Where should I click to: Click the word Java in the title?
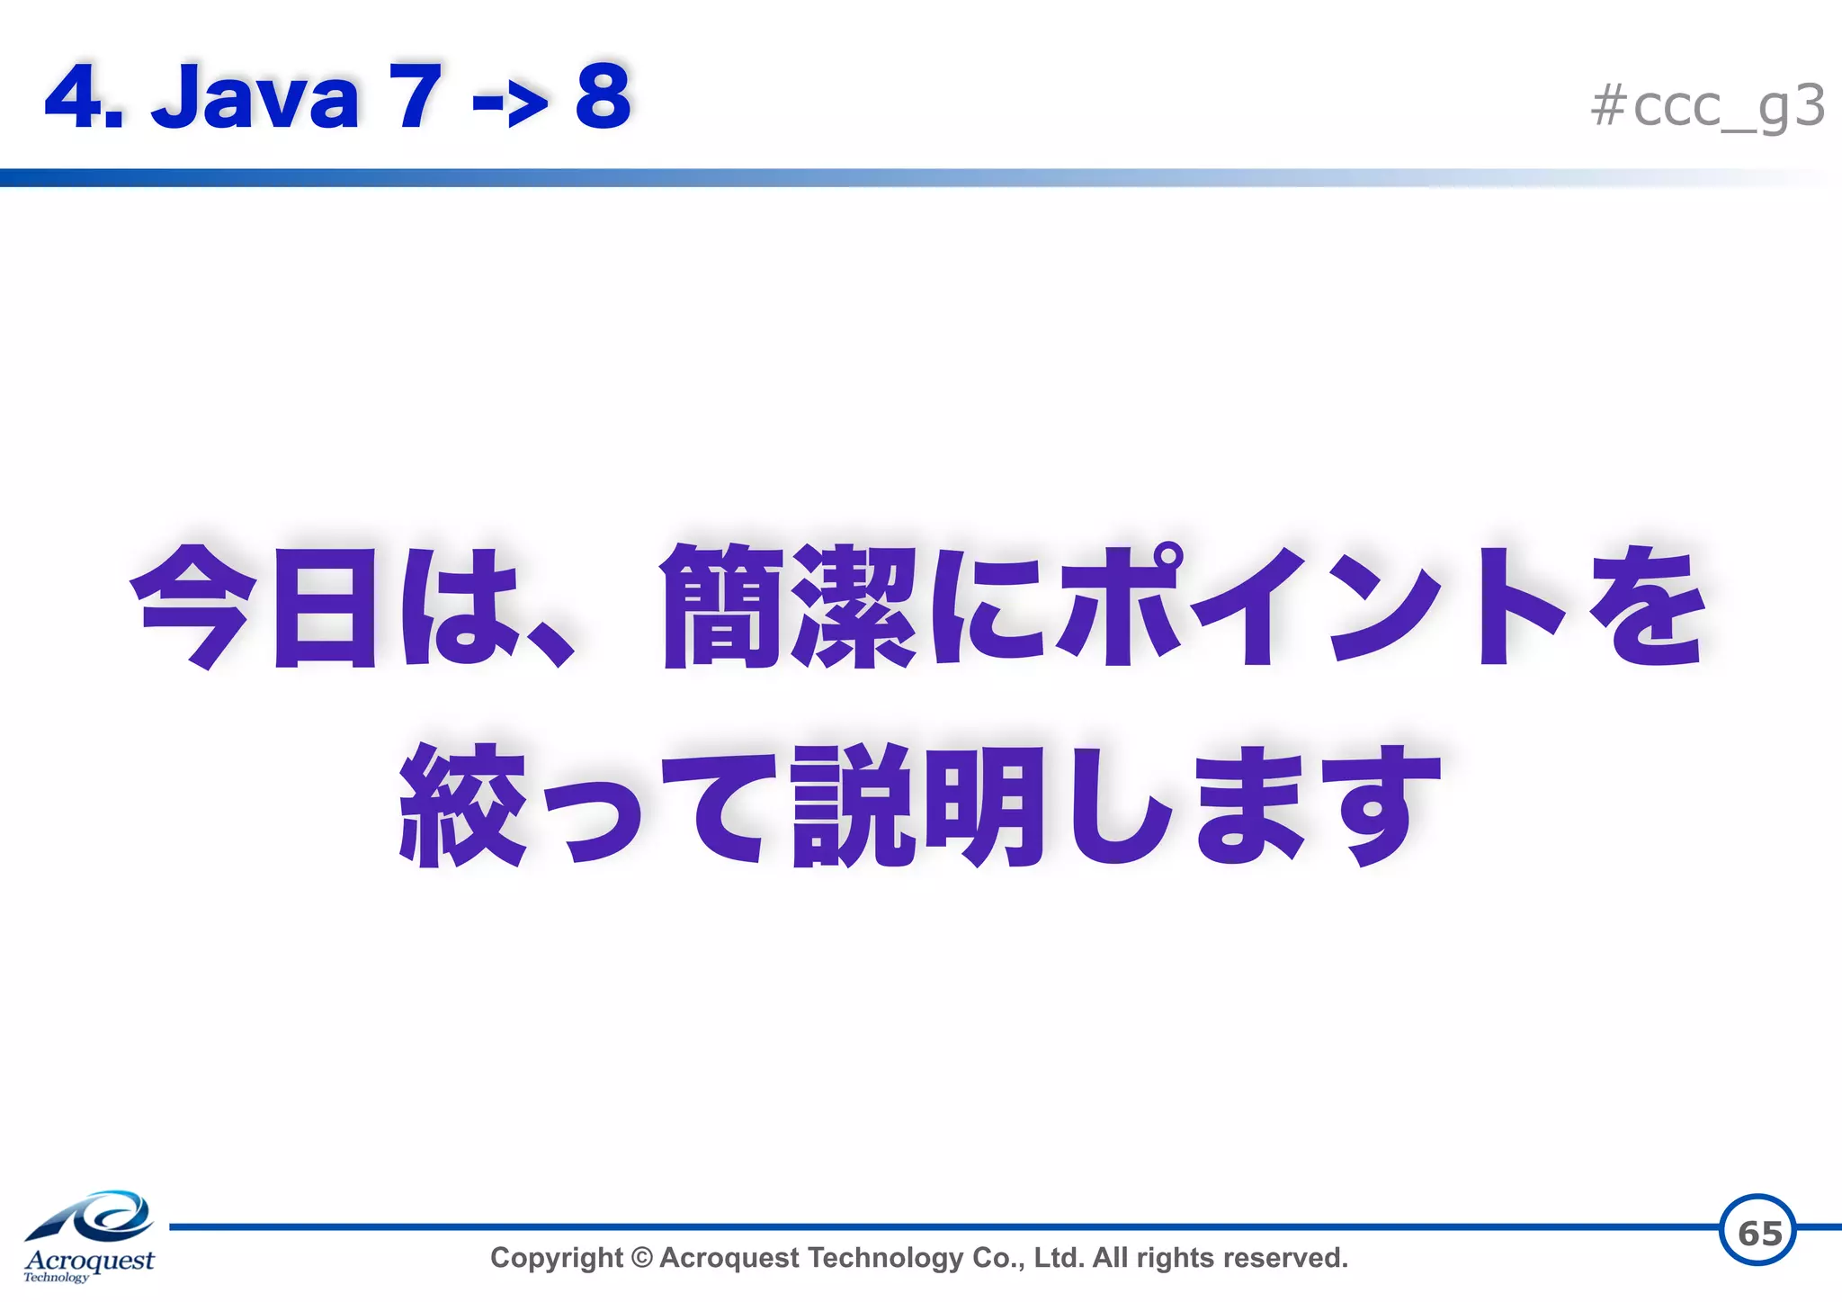coord(255,97)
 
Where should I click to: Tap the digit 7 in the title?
coord(415,96)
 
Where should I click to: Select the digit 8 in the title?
coord(603,96)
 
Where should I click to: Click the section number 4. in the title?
coord(83,97)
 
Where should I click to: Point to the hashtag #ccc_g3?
coord(1706,106)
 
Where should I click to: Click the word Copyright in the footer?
coord(556,1258)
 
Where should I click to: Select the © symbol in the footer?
coord(641,1258)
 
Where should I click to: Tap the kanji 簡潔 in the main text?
coord(789,607)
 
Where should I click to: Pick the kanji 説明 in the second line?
coord(918,805)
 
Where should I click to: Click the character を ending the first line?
coord(1645,607)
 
